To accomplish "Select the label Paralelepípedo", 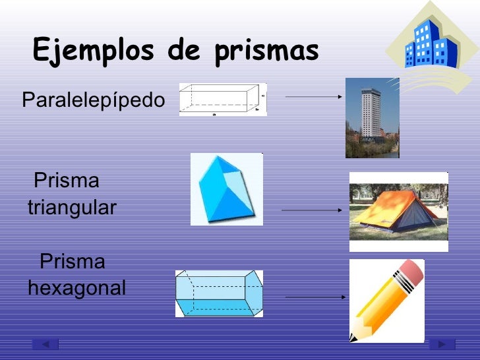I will tap(93, 101).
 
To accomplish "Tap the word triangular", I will tap(72, 208).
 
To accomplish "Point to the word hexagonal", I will tap(76, 288).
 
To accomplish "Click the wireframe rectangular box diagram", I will tap(222, 100).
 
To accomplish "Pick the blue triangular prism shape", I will tap(226, 190).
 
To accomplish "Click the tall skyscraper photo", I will tap(371, 117).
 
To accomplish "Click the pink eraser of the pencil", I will tap(410, 272).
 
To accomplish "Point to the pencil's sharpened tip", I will tap(354, 337).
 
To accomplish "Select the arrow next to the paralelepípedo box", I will tap(314, 96).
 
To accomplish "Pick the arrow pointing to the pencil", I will tap(315, 297).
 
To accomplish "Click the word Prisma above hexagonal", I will tap(73, 262).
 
